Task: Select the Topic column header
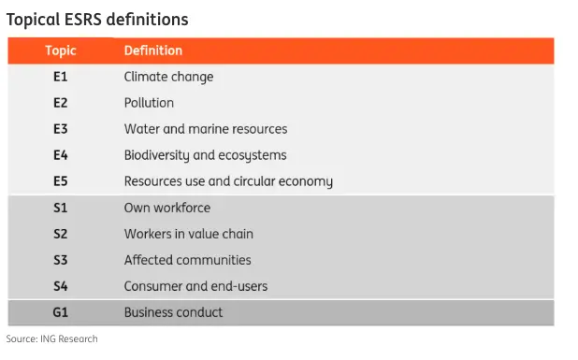tap(61, 50)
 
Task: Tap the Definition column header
tap(152, 50)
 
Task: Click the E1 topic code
tap(61, 77)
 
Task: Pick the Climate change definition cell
tap(168, 77)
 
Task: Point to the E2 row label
tap(61, 103)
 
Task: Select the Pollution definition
tap(149, 103)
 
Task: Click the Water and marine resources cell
tap(205, 129)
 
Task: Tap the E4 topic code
tap(61, 155)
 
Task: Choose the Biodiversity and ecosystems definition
tap(205, 155)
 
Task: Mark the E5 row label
tap(61, 181)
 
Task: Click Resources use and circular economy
tap(228, 181)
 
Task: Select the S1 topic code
tap(61, 208)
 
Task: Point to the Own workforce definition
tap(166, 208)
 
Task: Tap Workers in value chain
tap(188, 234)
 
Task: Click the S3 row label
tap(61, 260)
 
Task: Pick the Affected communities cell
tap(187, 260)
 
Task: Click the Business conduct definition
tap(173, 312)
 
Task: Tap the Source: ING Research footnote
tap(51, 338)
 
